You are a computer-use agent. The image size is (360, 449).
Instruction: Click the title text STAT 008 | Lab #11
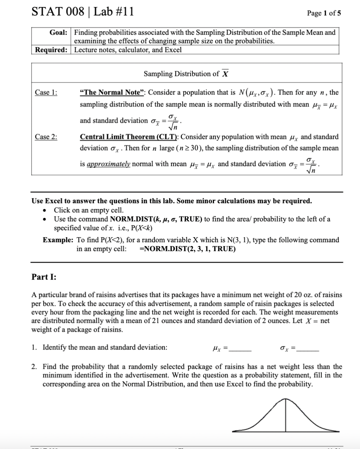point(82,12)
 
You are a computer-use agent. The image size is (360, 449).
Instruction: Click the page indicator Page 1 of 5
point(324,13)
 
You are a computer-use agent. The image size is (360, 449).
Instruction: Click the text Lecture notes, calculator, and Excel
point(128,49)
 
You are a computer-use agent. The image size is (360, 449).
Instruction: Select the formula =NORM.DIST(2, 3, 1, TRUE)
point(187,249)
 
